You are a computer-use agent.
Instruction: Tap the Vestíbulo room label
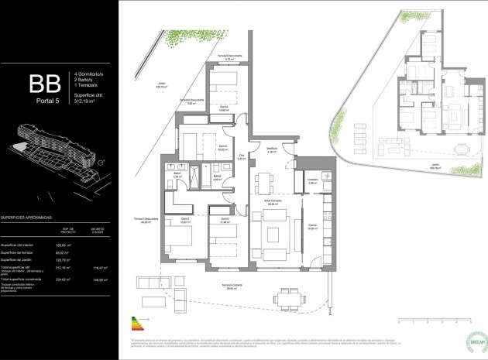click(x=273, y=150)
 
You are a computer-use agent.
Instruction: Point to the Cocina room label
click(x=312, y=225)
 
